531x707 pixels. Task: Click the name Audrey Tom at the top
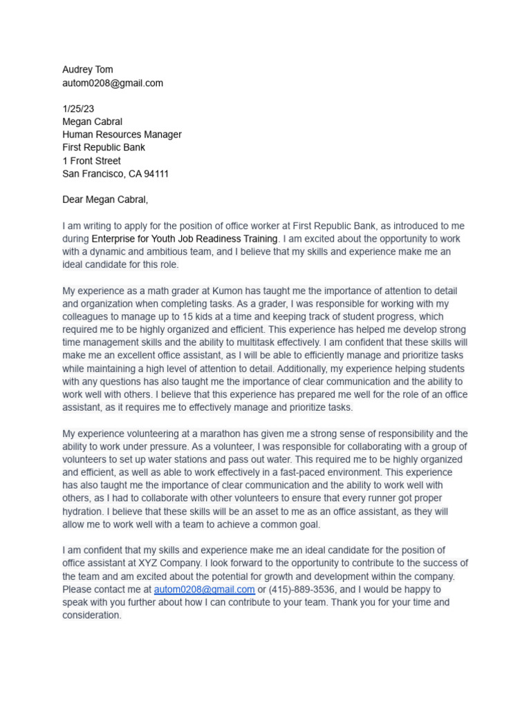pos(88,70)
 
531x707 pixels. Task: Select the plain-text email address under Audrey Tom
pos(113,83)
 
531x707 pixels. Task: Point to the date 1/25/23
pos(78,108)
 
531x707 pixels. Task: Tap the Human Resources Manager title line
pos(122,135)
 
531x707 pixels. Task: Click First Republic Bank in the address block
pos(104,148)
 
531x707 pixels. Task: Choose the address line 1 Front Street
pos(91,161)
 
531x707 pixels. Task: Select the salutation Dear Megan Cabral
pos(105,200)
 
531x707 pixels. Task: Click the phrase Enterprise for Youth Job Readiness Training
pos(185,239)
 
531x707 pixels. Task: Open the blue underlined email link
pos(204,590)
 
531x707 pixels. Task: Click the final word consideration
pos(91,615)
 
